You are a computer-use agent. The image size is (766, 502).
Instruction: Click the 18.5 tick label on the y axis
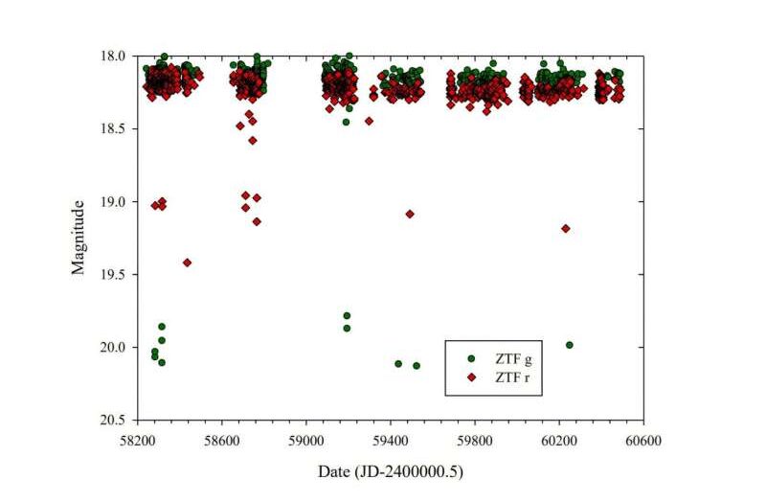pos(114,128)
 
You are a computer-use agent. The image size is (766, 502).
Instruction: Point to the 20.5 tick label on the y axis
pos(114,420)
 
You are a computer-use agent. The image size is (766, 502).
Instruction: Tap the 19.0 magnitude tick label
pos(114,201)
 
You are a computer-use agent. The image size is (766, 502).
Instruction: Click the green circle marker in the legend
pos(470,358)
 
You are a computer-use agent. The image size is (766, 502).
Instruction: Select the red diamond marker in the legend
pos(470,376)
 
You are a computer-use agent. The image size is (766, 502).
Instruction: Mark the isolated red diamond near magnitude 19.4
pos(187,262)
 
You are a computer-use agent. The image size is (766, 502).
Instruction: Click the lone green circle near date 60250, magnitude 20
pos(570,345)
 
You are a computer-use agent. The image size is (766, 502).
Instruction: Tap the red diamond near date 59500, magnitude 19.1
pos(410,214)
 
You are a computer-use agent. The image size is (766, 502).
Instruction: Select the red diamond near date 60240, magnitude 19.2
pos(566,228)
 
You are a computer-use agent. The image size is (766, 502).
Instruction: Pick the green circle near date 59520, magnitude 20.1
pos(417,365)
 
